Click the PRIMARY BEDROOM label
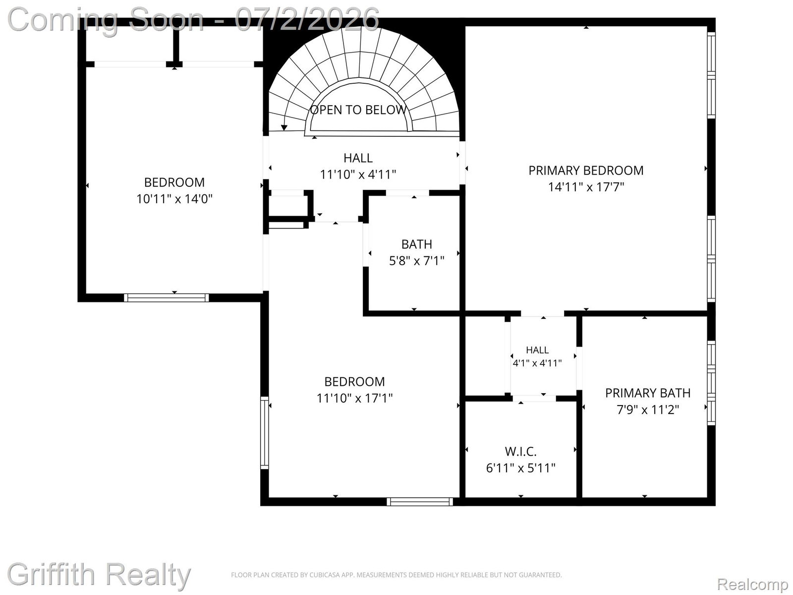pyautogui.click(x=586, y=170)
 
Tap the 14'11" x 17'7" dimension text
pyautogui.click(x=586, y=187)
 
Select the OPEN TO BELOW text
pyautogui.click(x=358, y=110)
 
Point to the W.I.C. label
pyautogui.click(x=520, y=451)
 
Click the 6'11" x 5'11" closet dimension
pyautogui.click(x=520, y=468)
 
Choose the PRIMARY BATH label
pyautogui.click(x=647, y=393)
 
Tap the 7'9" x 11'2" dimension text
pyautogui.click(x=647, y=410)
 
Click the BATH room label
pyautogui.click(x=416, y=244)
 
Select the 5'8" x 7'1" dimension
pyautogui.click(x=416, y=260)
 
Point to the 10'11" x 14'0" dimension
pyautogui.click(x=174, y=199)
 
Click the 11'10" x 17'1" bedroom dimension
pyautogui.click(x=354, y=398)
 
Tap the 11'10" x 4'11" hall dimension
pyautogui.click(x=358, y=175)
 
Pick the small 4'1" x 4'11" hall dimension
pyautogui.click(x=537, y=363)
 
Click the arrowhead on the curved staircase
pyautogui.click(x=284, y=127)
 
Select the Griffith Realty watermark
pyautogui.click(x=99, y=574)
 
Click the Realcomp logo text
pyautogui.click(x=752, y=584)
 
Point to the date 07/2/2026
pyautogui.click(x=307, y=19)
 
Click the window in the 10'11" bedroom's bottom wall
pyautogui.click(x=166, y=297)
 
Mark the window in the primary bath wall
pyautogui.click(x=711, y=383)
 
